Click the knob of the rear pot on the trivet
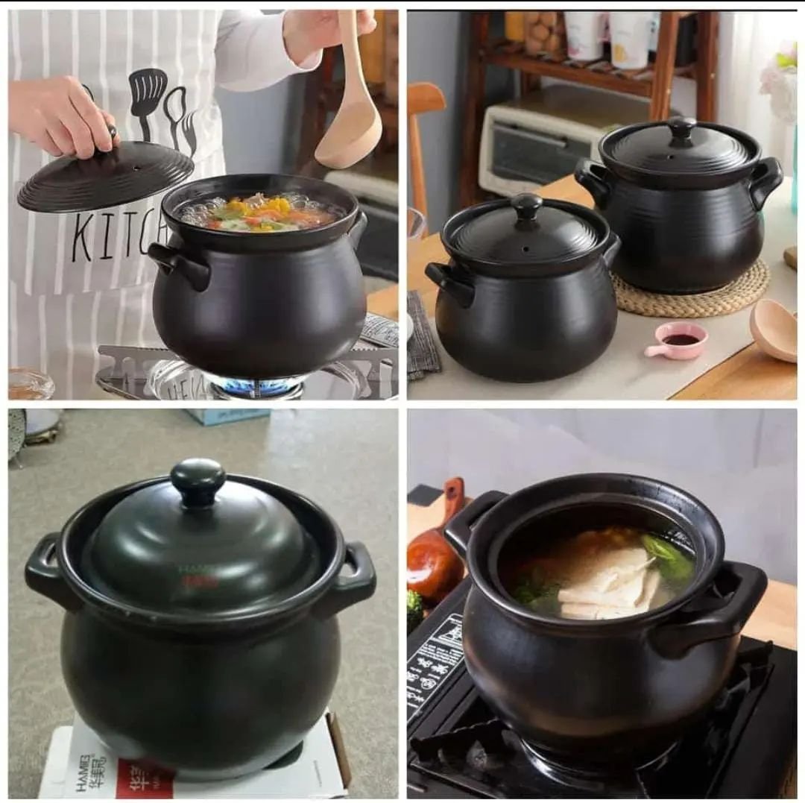681,127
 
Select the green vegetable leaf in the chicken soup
667,557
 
